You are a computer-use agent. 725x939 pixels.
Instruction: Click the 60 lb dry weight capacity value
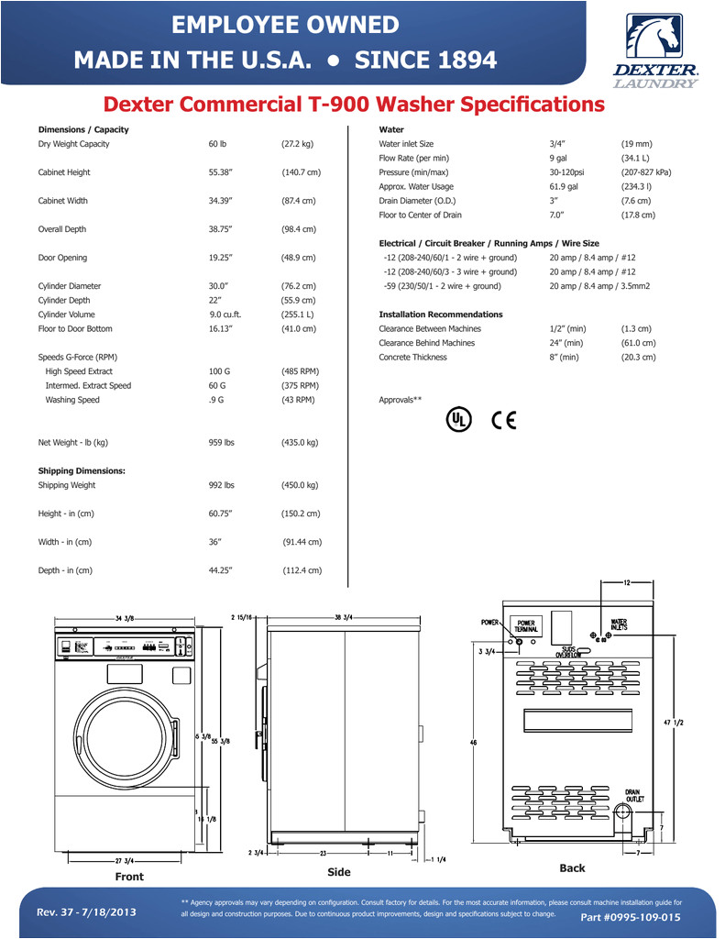[217, 144]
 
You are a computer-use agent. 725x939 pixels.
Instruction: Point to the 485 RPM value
[300, 371]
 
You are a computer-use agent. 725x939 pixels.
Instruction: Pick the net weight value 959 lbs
[221, 443]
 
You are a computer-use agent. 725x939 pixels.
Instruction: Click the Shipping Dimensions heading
[82, 471]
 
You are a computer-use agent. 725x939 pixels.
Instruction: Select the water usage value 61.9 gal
[564, 186]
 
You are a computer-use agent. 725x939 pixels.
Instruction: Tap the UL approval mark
[458, 419]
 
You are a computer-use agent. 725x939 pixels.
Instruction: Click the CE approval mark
[504, 419]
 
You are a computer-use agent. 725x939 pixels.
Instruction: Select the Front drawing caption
[129, 878]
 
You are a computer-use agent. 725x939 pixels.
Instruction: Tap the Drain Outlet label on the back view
[634, 795]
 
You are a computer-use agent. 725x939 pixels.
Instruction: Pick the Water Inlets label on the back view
[619, 625]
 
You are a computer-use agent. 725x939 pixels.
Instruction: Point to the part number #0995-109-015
[631, 917]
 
